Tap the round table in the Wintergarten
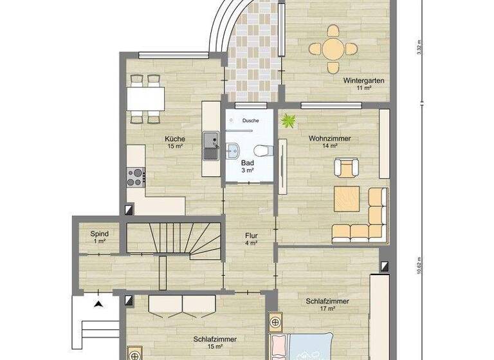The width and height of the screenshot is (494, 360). pyautogui.click(x=333, y=48)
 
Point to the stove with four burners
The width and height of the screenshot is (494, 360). pyautogui.click(x=136, y=176)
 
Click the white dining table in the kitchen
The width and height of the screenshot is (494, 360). pyautogui.click(x=145, y=98)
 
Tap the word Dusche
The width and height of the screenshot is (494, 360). pyautogui.click(x=250, y=120)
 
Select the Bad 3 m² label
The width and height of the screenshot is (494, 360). pyautogui.click(x=248, y=167)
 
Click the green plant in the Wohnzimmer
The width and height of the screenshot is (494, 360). pyautogui.click(x=287, y=120)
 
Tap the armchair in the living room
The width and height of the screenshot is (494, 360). pyautogui.click(x=344, y=167)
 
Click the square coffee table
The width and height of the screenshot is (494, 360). pyautogui.click(x=346, y=199)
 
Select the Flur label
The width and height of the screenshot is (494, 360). pyautogui.click(x=251, y=239)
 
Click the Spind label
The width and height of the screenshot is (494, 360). pyautogui.click(x=99, y=237)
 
